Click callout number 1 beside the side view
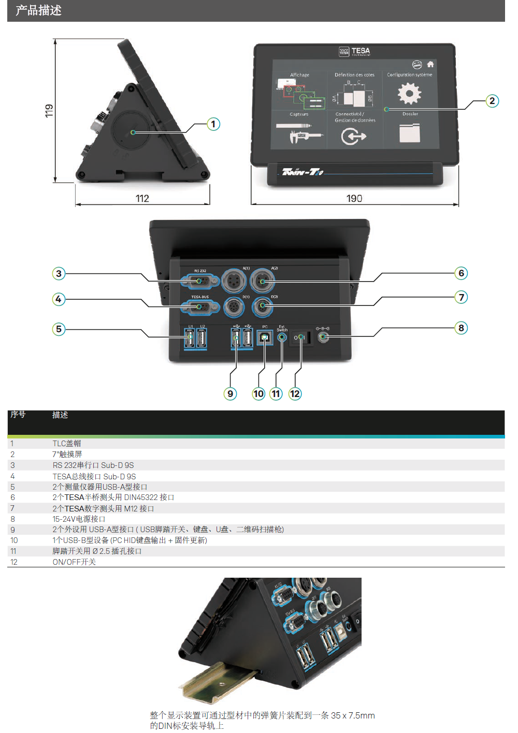coord(213,124)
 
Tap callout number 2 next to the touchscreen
coord(492,101)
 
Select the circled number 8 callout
coord(461,328)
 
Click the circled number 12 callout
coord(295,394)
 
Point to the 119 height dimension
coord(49,111)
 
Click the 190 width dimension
coord(354,198)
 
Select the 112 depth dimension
coord(142,198)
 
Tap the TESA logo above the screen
coord(355,51)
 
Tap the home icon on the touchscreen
coord(430,65)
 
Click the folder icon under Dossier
coord(410,133)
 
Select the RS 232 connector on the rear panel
coord(199,281)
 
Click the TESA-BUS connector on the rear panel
coord(199,307)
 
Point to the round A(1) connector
coord(234,282)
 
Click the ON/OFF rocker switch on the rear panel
coord(300,338)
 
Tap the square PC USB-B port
coord(265,337)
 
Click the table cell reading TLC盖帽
coord(67,443)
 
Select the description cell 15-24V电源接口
coord(79,519)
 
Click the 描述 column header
coord(60,415)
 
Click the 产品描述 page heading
coord(39,10)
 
